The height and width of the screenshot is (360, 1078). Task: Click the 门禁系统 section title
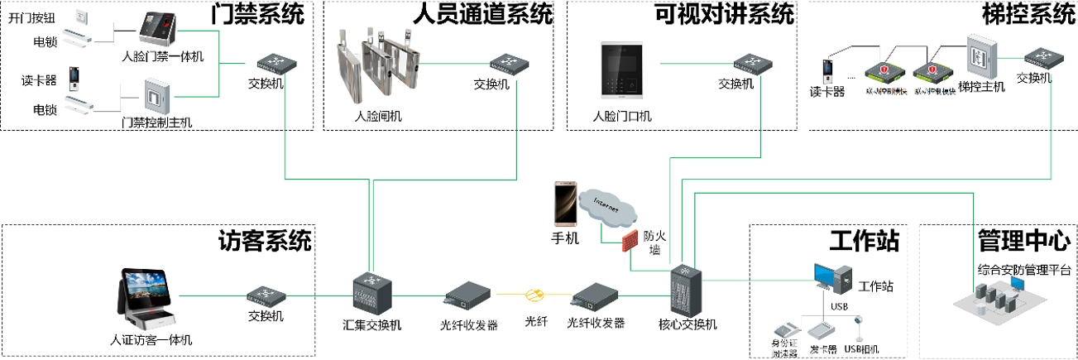tap(257, 14)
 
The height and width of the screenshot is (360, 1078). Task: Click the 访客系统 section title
tap(265, 241)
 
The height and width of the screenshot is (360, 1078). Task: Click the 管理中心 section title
tap(1023, 241)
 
